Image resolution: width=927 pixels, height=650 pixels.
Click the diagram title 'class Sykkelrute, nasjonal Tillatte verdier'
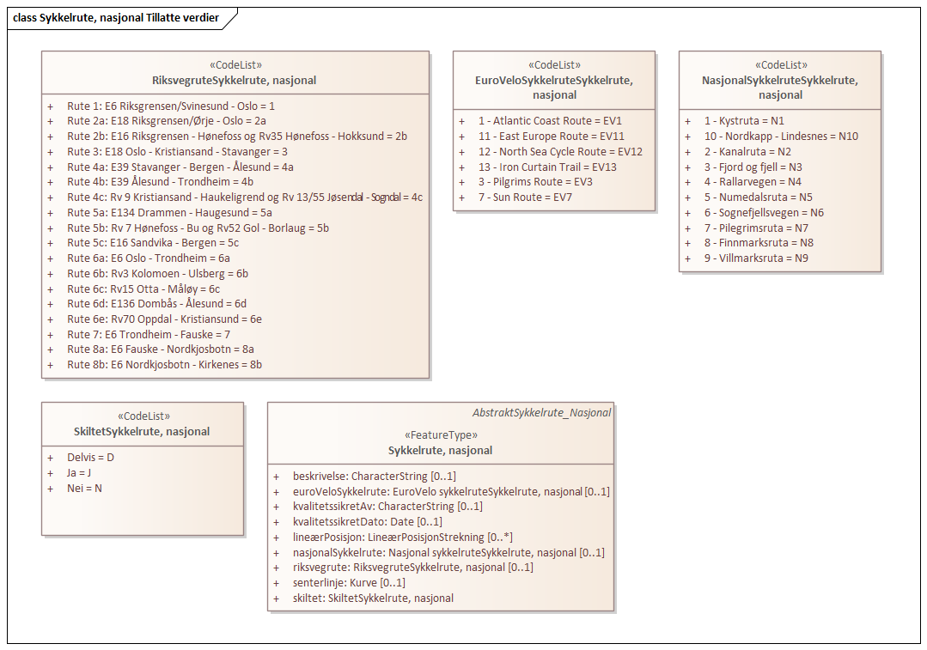point(116,18)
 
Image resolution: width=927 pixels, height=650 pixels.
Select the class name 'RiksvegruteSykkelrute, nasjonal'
point(235,81)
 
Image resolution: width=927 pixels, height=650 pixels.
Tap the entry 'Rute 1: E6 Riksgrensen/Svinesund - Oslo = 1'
point(171,106)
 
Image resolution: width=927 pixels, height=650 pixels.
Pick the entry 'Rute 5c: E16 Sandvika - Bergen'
point(153,243)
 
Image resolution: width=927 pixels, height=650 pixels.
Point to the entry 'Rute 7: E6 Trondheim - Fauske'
point(149,335)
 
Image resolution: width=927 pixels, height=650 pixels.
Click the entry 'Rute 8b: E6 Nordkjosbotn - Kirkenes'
point(164,365)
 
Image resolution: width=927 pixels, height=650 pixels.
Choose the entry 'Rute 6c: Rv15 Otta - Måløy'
point(143,289)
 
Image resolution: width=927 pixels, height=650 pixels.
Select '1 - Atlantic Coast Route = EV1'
point(550,121)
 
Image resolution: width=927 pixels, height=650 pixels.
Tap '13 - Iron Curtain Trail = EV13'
point(547,167)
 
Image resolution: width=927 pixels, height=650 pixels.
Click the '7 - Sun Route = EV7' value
point(525,197)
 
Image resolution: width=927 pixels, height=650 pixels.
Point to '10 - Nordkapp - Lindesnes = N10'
point(781,137)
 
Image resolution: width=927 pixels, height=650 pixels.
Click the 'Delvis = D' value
point(90,458)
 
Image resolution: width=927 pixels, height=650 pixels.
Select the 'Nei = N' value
point(84,489)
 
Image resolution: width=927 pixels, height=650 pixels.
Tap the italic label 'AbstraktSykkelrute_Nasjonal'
point(542,413)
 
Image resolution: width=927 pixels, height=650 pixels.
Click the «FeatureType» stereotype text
point(441,435)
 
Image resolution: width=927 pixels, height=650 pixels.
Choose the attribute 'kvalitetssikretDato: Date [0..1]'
point(368,522)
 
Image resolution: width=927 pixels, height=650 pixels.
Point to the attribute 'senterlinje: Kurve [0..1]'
point(349,583)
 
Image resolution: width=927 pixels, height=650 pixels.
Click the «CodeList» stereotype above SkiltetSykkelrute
point(143,416)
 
